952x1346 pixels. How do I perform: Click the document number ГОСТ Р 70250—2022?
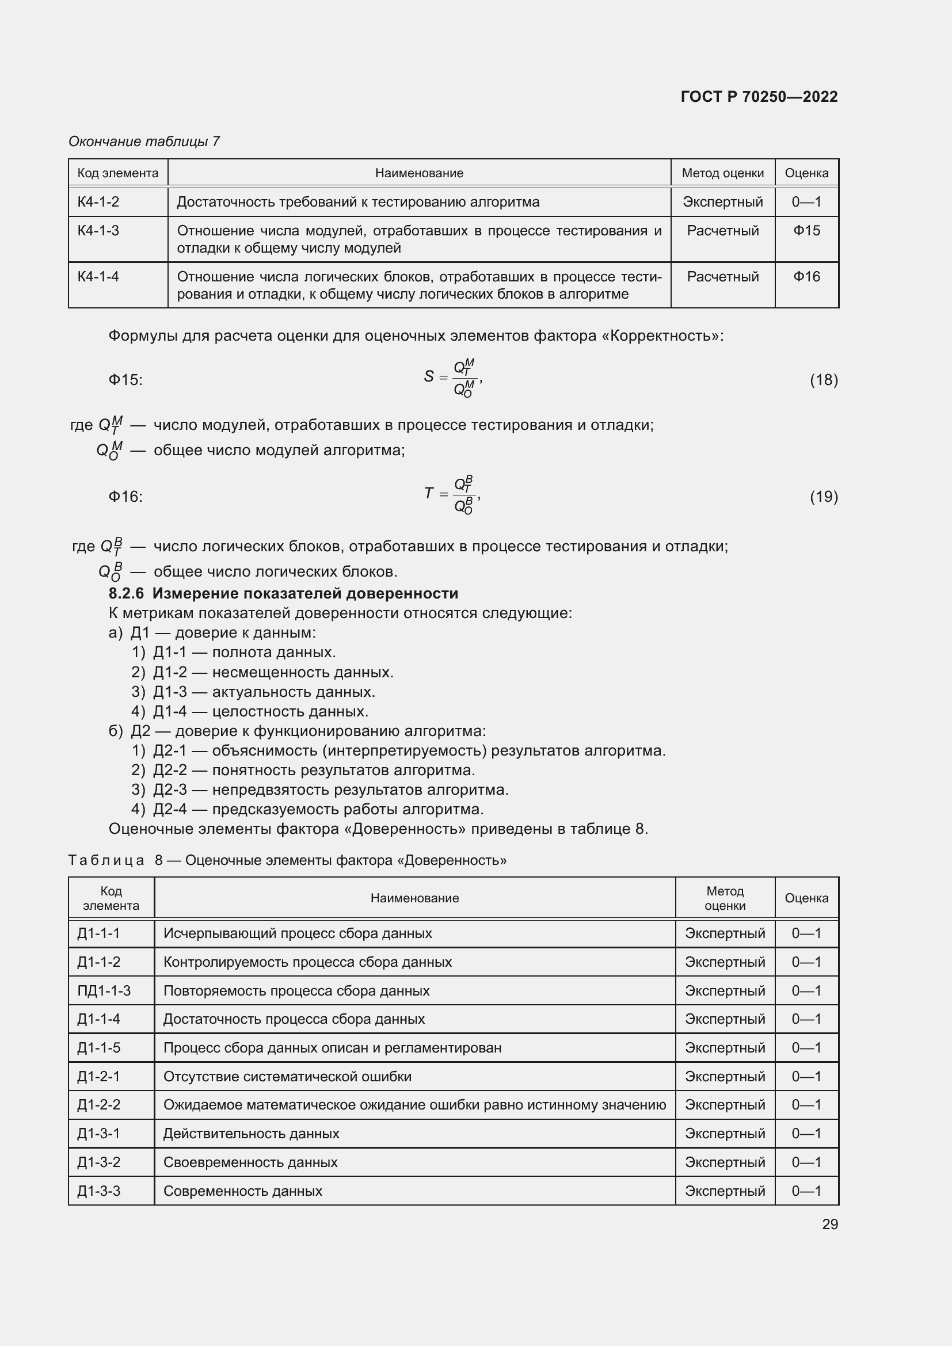tap(759, 97)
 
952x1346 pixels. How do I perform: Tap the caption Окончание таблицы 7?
tap(144, 142)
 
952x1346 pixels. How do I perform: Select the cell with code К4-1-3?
tap(98, 231)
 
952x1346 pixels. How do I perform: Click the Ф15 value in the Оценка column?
tap(806, 231)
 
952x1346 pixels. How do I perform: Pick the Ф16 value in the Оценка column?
tap(806, 277)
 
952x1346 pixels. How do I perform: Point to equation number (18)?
tap(824, 380)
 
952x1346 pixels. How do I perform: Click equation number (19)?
tap(824, 497)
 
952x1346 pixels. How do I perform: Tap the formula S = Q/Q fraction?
tap(452, 378)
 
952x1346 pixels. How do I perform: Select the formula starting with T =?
tap(452, 494)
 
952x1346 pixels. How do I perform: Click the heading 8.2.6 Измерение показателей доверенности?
tap(283, 593)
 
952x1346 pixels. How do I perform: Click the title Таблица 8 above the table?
tap(287, 860)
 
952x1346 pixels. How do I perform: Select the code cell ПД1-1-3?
tap(104, 991)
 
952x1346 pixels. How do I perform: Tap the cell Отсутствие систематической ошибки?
tap(287, 1076)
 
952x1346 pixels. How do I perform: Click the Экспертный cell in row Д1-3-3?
tap(725, 1191)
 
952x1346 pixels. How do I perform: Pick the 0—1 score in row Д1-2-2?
tap(806, 1104)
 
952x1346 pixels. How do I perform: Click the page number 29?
tap(829, 1224)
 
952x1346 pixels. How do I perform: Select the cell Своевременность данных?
tap(250, 1162)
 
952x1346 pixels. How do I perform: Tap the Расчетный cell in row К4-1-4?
tap(722, 277)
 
